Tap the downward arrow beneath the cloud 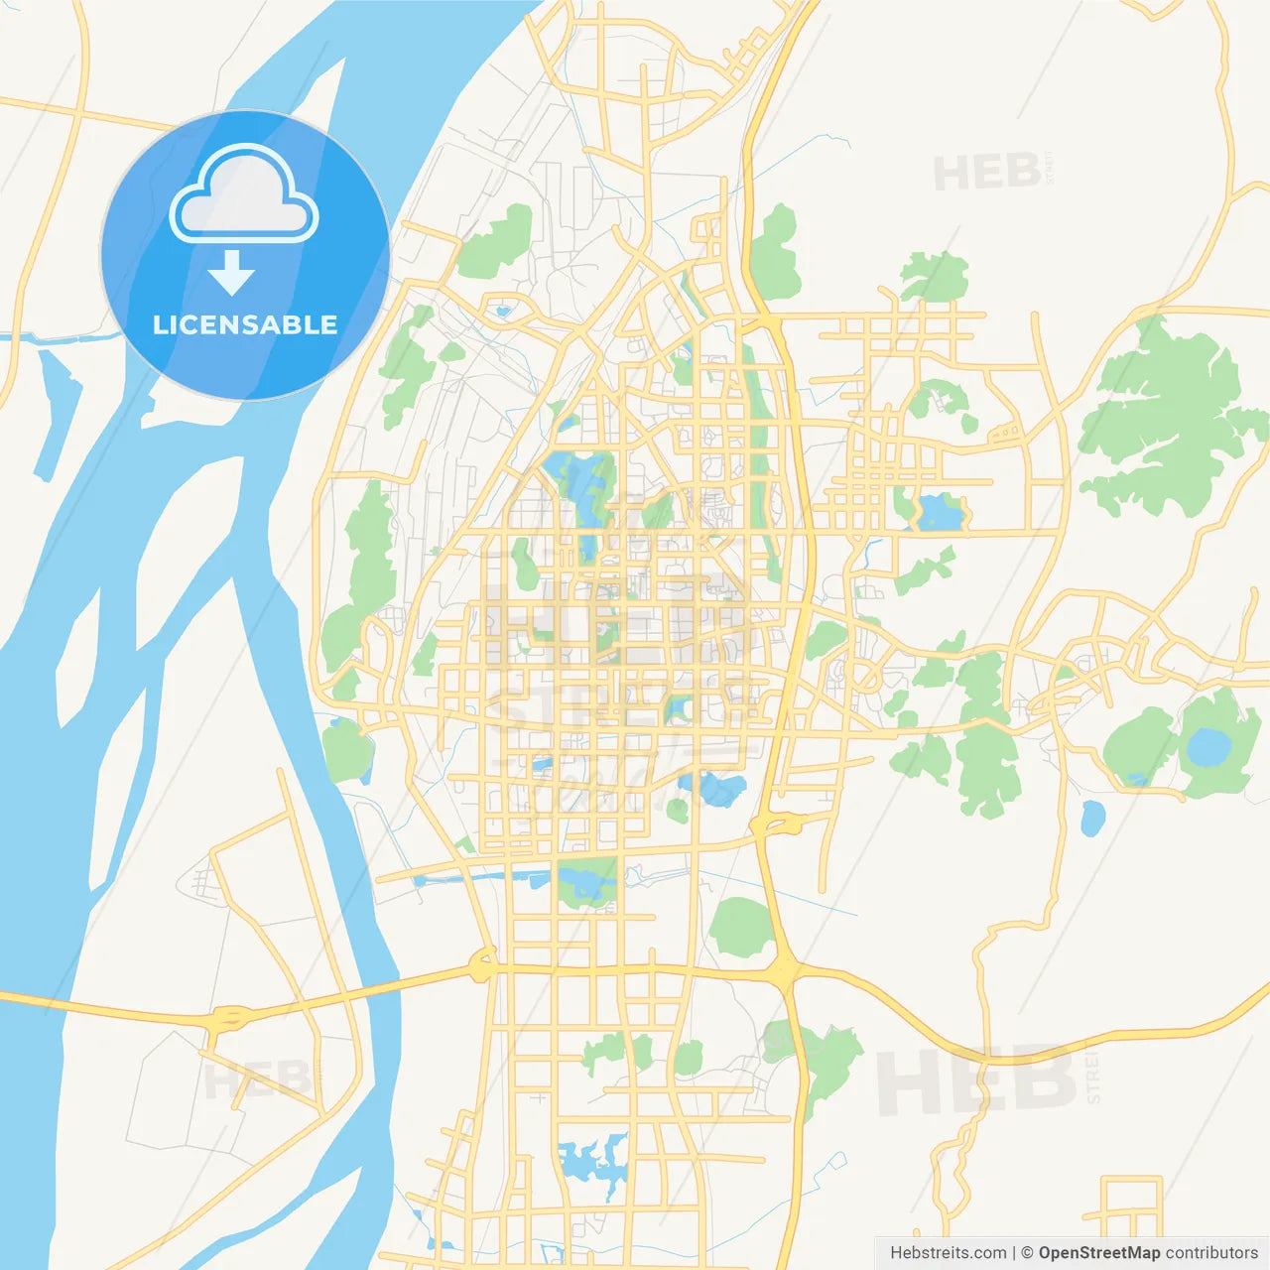231,273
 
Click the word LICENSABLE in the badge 245,325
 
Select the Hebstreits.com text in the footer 948,1253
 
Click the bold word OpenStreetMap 1098,1253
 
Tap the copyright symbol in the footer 1027,1253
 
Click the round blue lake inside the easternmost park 1208,746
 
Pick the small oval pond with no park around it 1092,819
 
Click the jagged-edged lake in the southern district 593,1161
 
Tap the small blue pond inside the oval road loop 503,311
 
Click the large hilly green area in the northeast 1161,417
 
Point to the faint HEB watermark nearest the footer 977,1079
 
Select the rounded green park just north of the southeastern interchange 741,927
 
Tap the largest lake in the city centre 585,486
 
